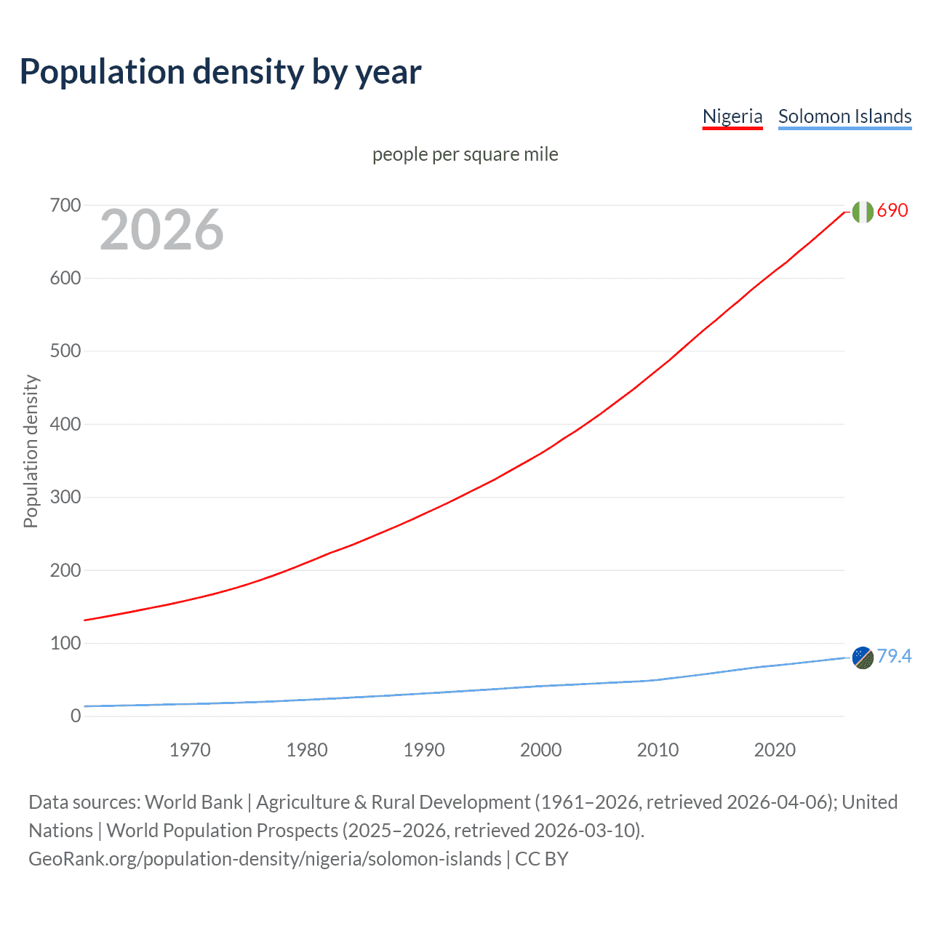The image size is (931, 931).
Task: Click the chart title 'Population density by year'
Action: pos(220,72)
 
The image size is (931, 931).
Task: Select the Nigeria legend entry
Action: pos(732,116)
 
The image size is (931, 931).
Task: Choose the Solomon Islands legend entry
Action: pos(844,116)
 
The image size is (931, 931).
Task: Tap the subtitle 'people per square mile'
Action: pos(465,154)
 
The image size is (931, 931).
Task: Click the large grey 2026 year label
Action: pos(161,230)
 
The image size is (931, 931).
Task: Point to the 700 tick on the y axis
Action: pos(65,206)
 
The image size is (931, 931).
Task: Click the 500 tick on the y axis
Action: pos(65,351)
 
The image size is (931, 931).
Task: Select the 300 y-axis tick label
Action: pos(65,498)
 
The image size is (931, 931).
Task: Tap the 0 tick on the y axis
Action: pos(76,716)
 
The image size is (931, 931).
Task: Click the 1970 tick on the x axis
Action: pos(190,750)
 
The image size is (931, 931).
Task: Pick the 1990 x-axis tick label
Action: pos(424,750)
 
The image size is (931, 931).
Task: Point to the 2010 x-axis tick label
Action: pos(658,750)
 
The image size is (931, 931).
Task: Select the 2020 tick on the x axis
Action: pos(775,750)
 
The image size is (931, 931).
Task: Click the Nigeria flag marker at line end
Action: pos(863,212)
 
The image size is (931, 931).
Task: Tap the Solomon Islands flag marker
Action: pos(863,658)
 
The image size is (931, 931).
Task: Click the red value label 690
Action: pos(892,211)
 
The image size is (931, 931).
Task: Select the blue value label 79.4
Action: pos(894,657)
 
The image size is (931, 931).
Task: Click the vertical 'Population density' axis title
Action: pos(31,451)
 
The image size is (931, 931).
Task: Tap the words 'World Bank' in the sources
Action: pos(193,802)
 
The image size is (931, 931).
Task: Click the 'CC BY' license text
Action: pos(541,859)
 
